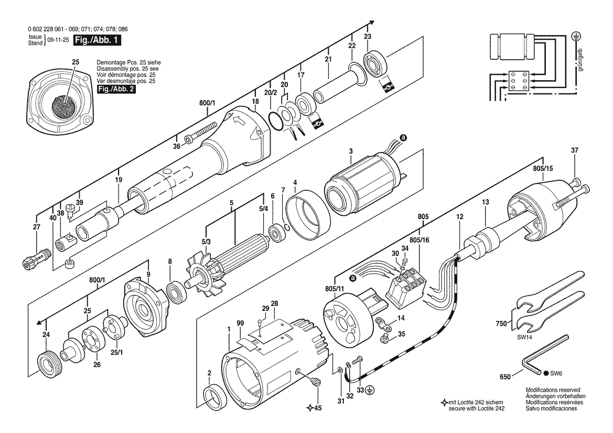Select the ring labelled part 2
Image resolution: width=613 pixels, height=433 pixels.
coord(216,398)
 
